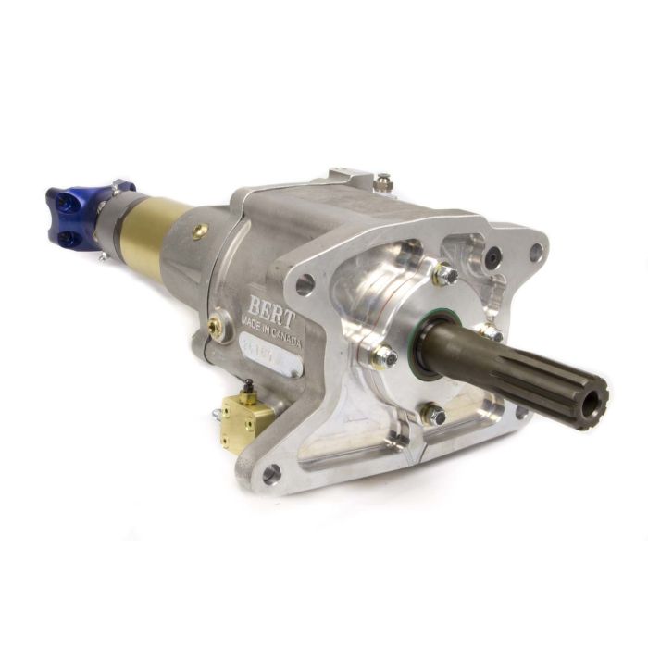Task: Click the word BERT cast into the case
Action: [270, 306]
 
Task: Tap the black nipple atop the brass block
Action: [247, 386]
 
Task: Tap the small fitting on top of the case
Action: [382, 182]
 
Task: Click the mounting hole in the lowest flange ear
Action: [270, 474]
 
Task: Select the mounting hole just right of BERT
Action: [305, 284]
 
